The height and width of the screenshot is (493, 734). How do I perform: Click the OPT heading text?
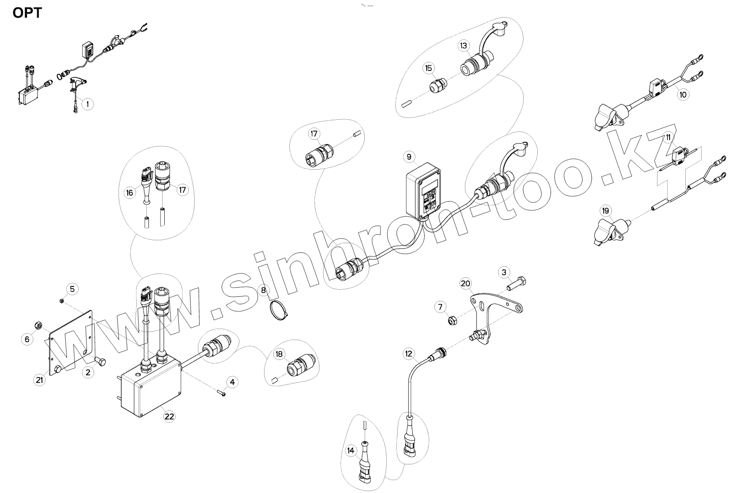coord(27,13)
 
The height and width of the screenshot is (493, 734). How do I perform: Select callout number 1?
coord(87,104)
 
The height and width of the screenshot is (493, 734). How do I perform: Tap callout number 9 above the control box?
coord(409,156)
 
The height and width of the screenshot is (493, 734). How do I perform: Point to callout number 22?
coord(169,416)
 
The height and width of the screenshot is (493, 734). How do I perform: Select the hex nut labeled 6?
coord(37,325)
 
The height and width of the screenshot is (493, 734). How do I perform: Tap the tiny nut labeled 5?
coord(62,301)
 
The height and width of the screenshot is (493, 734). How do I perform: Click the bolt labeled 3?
coord(517,284)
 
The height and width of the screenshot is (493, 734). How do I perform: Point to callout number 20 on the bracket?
coord(465,283)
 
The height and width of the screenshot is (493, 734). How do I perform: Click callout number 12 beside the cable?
coord(409,354)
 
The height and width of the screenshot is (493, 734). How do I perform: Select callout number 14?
coord(351,450)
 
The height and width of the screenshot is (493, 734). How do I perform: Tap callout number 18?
coord(279,354)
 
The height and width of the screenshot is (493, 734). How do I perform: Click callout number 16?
coord(130,192)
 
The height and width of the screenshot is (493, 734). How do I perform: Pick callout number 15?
coord(429,68)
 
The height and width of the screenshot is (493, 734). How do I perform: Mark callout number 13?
coord(464,45)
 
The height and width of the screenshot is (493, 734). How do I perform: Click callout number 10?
coord(682,94)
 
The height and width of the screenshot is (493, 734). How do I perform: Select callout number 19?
coord(605,211)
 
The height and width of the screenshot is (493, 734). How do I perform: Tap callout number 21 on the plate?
coord(39,380)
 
